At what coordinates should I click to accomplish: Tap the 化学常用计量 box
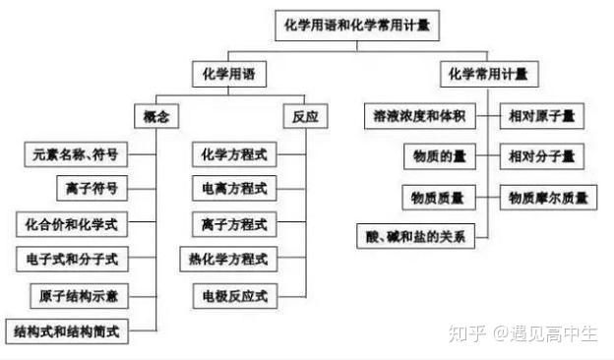click(493, 74)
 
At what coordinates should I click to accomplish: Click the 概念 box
click(156, 116)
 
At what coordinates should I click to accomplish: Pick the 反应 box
click(305, 116)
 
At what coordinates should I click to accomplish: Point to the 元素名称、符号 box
click(77, 154)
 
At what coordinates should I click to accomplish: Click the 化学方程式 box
click(234, 154)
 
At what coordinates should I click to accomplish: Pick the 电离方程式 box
click(234, 189)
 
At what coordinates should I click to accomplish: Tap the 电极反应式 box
click(234, 295)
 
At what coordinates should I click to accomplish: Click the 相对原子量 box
click(542, 116)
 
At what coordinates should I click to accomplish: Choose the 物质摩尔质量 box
click(548, 198)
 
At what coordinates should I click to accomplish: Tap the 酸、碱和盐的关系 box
click(414, 236)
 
